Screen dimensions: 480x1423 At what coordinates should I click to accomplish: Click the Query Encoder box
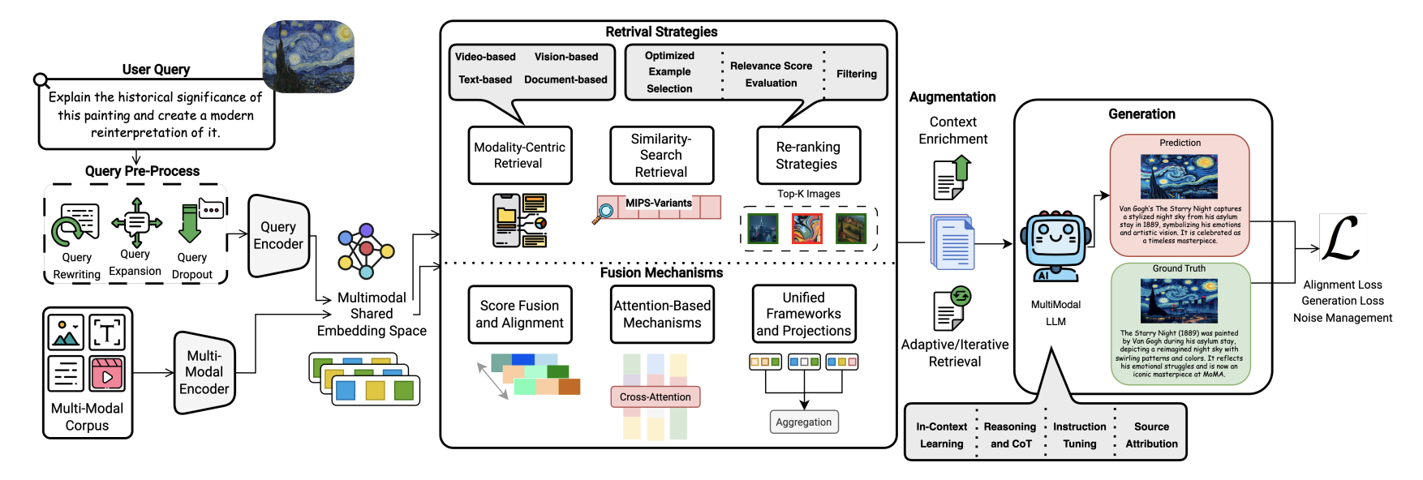tap(278, 235)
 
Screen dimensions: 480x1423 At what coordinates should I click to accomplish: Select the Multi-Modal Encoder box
tap(204, 372)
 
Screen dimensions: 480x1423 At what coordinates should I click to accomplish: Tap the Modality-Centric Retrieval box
tap(519, 155)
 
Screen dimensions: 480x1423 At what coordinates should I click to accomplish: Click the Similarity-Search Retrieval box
tap(661, 155)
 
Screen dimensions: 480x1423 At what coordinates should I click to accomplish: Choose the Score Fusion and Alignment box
tap(519, 314)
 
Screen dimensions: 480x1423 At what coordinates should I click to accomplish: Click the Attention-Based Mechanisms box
tap(662, 314)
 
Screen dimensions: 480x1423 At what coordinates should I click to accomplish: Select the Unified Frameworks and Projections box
tap(803, 314)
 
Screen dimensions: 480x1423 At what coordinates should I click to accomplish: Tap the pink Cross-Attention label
tap(655, 396)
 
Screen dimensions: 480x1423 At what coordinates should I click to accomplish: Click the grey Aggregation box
tap(803, 422)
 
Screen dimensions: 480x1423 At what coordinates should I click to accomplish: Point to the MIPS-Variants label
tap(658, 203)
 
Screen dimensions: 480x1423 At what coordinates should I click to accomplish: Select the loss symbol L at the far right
tap(1342, 238)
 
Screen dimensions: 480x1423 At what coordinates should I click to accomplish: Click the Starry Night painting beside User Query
tap(308, 57)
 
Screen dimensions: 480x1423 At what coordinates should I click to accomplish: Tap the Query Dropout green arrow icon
tap(191, 224)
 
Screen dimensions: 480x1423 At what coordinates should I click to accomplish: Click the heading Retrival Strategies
tap(661, 32)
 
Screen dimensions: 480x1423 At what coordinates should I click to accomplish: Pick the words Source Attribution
tap(1151, 435)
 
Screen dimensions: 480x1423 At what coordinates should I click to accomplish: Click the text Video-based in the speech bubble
tap(485, 57)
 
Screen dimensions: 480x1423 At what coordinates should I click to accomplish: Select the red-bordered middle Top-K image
tap(806, 228)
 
